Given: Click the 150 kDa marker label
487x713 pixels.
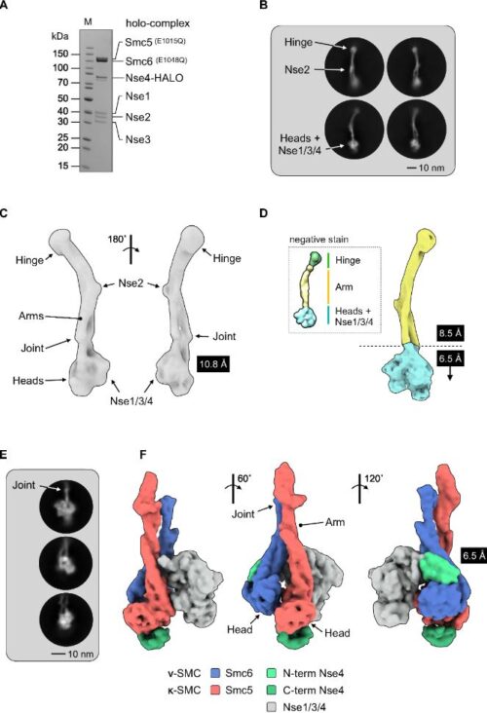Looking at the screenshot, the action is click(x=59, y=54).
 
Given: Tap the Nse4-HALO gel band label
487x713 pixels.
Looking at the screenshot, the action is click(x=155, y=78).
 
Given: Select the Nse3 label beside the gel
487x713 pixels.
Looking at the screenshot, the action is click(x=137, y=139).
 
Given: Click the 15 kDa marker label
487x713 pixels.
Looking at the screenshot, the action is click(x=63, y=166).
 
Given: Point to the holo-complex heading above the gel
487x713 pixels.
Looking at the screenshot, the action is click(x=158, y=23).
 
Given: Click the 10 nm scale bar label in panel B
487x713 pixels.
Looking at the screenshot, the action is click(x=431, y=169).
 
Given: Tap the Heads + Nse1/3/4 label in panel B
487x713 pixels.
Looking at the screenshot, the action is click(x=302, y=144).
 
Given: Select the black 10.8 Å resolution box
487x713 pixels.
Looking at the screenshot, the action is click(x=212, y=364).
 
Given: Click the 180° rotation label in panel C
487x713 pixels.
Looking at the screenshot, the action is click(x=116, y=240).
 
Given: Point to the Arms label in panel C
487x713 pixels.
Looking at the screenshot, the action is click(x=31, y=316).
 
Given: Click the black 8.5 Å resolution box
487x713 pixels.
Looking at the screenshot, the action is click(x=450, y=334).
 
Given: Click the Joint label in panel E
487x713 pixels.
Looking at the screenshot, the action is click(x=23, y=485).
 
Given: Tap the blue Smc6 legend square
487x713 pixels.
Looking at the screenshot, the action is click(x=216, y=673).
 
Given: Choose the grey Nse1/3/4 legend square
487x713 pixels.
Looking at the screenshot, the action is click(x=271, y=706).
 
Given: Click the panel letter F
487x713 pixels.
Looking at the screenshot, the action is click(x=144, y=455).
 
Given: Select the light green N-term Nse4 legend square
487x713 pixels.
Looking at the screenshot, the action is click(x=271, y=673).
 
